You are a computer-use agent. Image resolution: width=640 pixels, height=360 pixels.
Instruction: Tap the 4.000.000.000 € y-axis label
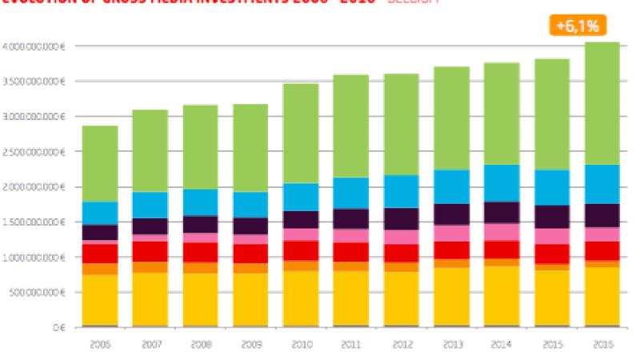33,46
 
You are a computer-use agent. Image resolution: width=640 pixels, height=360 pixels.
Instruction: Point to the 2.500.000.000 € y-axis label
33,152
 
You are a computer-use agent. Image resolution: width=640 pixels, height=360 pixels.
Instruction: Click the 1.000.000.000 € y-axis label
33,258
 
